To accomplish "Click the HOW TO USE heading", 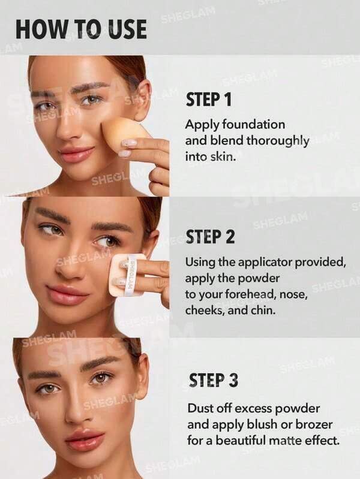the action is (x=82, y=29).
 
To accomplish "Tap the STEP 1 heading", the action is (x=209, y=100).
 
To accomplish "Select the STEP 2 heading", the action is (x=211, y=237).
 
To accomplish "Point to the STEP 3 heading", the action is (x=213, y=380).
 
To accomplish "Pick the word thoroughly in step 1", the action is (x=277, y=141).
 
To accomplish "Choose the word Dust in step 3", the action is (x=199, y=408).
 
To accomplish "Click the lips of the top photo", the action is (x=77, y=154).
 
